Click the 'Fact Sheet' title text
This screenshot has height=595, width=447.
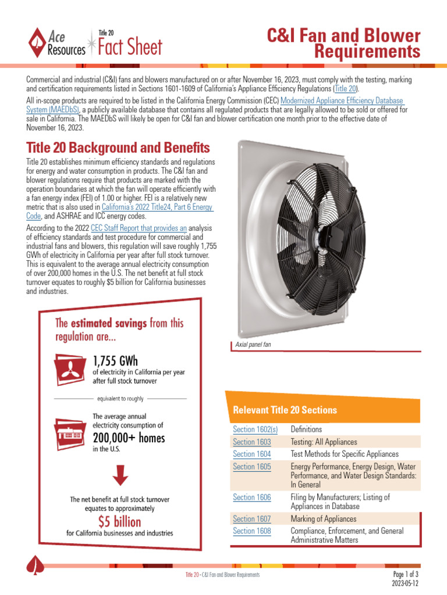[x=130, y=48]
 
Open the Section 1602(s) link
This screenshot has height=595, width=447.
[x=255, y=429]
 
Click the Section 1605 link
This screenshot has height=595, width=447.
[x=251, y=467]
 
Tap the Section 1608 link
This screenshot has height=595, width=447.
[x=251, y=531]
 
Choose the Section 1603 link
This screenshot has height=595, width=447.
[x=251, y=442]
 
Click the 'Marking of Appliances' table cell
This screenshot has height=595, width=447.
[x=323, y=519]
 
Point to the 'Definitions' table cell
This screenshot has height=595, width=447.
[x=310, y=429]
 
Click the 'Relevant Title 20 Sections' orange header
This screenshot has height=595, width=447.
[x=285, y=410]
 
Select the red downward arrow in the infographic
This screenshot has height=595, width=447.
[x=120, y=475]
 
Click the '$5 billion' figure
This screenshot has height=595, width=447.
[x=119, y=521]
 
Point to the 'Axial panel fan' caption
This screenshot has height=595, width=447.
[x=253, y=345]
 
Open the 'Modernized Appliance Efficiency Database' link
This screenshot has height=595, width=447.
[x=340, y=101]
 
